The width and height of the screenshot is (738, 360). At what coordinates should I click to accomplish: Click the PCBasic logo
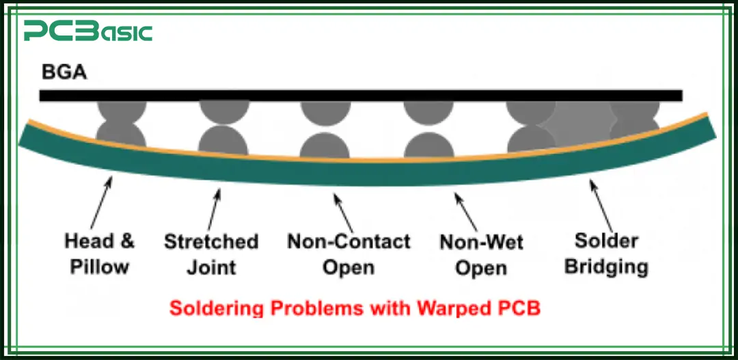[x=87, y=31]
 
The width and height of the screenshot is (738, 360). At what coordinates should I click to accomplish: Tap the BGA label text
[x=64, y=72]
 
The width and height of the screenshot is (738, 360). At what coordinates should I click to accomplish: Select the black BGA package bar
[x=360, y=95]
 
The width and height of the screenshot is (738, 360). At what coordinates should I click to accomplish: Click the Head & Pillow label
[x=100, y=253]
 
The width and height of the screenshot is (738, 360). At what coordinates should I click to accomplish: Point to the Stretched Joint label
[x=211, y=253]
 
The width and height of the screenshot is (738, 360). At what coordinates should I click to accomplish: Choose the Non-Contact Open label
[x=348, y=253]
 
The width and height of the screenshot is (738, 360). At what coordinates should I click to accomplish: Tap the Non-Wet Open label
[x=481, y=254]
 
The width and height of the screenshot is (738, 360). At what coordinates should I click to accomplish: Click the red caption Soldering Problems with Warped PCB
[x=355, y=307]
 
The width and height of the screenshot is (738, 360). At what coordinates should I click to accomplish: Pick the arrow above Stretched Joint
[x=213, y=208]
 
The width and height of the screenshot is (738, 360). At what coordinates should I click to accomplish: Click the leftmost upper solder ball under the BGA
[x=122, y=111]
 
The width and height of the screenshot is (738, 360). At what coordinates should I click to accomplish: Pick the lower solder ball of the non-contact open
[x=325, y=146]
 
